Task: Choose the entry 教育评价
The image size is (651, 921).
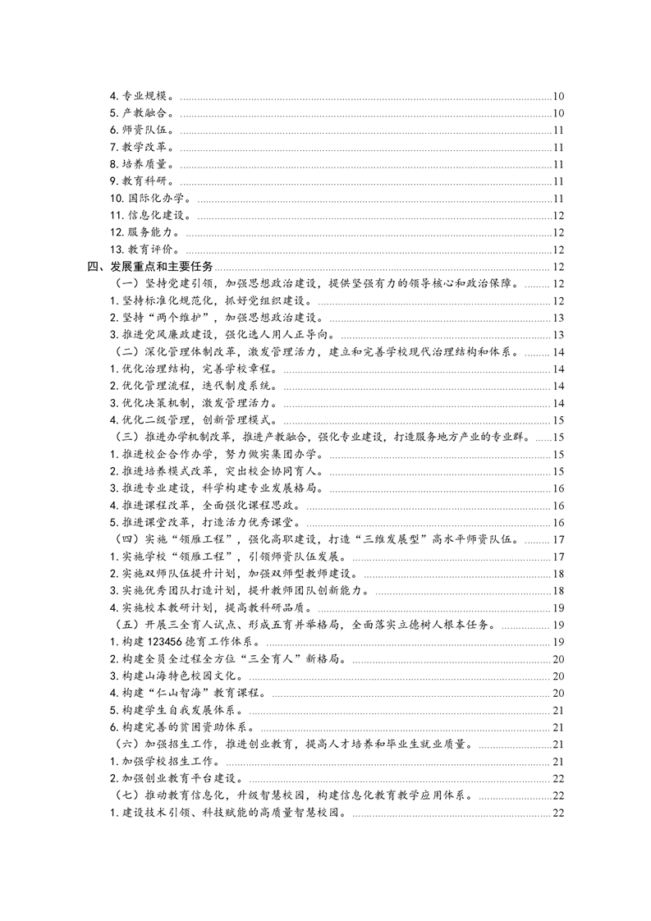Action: [150, 250]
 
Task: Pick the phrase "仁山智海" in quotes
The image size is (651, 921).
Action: [183, 693]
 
